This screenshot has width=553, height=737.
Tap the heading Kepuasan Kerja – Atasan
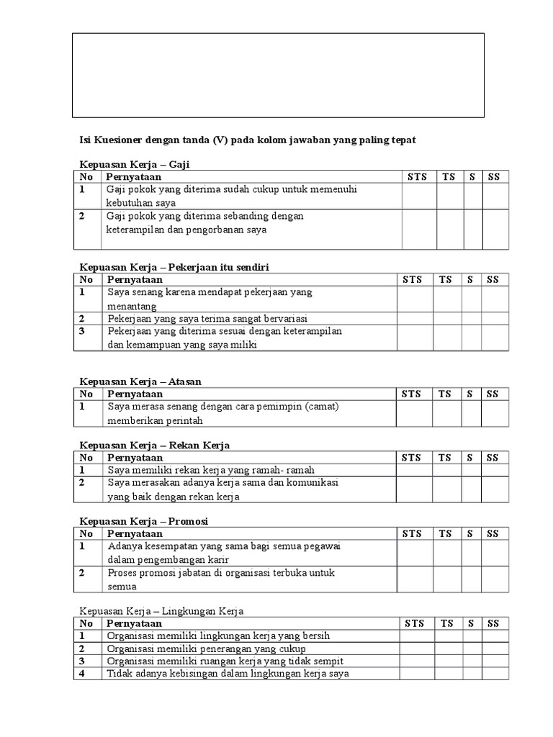tap(145, 381)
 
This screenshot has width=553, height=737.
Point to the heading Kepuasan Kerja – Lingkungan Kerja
tap(161, 611)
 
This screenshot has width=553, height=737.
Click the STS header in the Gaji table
tap(417, 177)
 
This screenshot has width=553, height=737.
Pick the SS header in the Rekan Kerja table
tap(492, 458)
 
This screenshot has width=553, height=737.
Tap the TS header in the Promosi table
tap(445, 534)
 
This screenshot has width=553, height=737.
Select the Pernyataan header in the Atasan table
tap(135, 394)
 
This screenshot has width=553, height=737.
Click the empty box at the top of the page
tap(278, 75)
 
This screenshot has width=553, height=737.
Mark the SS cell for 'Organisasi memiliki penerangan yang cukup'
tap(495, 648)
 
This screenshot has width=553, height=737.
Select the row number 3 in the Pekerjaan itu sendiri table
tap(82, 331)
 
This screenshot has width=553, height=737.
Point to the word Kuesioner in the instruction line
tap(114, 140)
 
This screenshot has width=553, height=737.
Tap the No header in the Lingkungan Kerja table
tap(86, 623)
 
